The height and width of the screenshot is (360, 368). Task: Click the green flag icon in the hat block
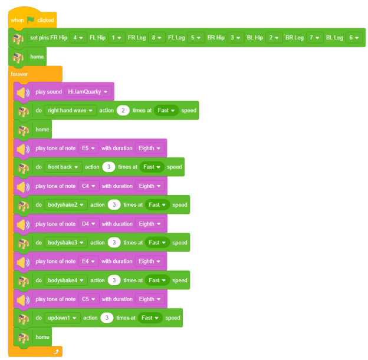(31, 20)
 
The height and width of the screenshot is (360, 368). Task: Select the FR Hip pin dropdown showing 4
(78, 38)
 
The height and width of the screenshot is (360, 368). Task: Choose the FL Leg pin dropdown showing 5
(196, 38)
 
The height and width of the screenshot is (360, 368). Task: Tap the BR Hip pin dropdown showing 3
(235, 38)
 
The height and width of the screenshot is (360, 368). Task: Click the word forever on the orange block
(19, 74)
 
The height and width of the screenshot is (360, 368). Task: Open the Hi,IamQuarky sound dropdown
(87, 92)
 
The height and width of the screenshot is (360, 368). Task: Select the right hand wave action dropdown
(70, 110)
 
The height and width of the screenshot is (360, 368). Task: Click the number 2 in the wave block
(123, 110)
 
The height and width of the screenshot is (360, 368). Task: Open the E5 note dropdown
(88, 148)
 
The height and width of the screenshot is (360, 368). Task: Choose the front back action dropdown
(63, 167)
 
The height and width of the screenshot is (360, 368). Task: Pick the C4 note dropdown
(88, 186)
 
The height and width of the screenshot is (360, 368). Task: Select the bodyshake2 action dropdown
(65, 204)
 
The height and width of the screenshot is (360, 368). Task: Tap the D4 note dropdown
(88, 224)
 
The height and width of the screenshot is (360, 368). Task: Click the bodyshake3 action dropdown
(65, 243)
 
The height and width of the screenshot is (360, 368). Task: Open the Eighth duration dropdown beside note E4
(150, 261)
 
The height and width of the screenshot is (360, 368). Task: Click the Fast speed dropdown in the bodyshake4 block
(157, 280)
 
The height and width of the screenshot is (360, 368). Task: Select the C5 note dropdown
(88, 299)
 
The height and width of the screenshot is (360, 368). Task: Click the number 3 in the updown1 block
(107, 318)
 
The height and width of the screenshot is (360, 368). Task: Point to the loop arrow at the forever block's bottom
(56, 351)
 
